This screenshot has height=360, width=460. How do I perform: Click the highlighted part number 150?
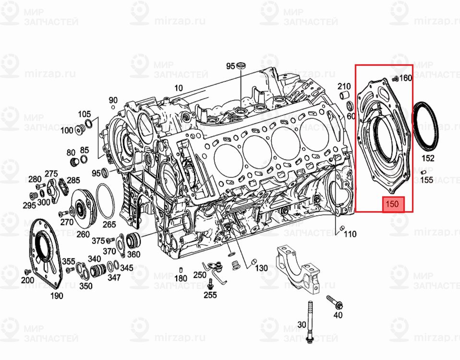[x=393, y=204]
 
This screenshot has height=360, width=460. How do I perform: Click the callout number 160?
[x=406, y=78]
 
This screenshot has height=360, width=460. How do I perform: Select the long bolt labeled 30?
[x=310, y=322]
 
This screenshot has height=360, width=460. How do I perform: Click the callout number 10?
[x=179, y=88]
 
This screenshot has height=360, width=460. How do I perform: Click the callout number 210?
[x=344, y=86]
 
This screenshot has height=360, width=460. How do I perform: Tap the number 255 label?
[x=210, y=295]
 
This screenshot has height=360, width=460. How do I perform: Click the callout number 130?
[x=262, y=268]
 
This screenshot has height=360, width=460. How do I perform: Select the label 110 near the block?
[x=350, y=234]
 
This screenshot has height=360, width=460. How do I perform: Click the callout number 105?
[x=85, y=114]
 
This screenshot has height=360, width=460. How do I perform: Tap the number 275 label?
[x=51, y=173]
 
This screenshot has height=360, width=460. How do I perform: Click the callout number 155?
[x=427, y=180]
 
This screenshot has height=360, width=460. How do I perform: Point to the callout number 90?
[x=113, y=100]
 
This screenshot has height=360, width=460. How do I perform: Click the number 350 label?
[x=86, y=286]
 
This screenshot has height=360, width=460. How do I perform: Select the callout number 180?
[x=181, y=278]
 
